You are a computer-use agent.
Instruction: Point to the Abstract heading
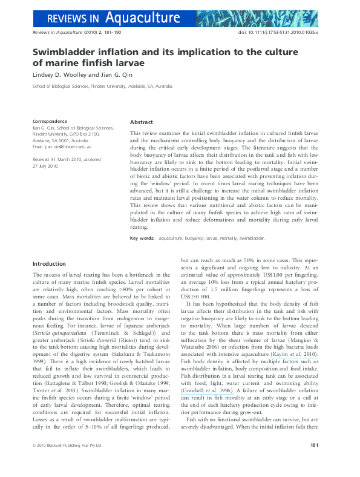tap(142, 122)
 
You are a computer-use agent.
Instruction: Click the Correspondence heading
tap(50, 122)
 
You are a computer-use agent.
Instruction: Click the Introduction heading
tap(50, 264)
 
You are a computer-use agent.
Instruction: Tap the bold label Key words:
tap(142, 238)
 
